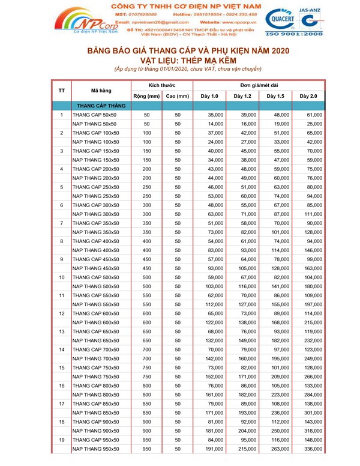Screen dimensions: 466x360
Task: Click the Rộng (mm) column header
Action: click(146, 96)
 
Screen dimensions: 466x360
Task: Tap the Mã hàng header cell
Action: click(101, 91)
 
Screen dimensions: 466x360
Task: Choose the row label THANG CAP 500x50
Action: click(95, 277)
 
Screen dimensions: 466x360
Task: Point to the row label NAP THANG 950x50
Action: click(95, 449)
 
